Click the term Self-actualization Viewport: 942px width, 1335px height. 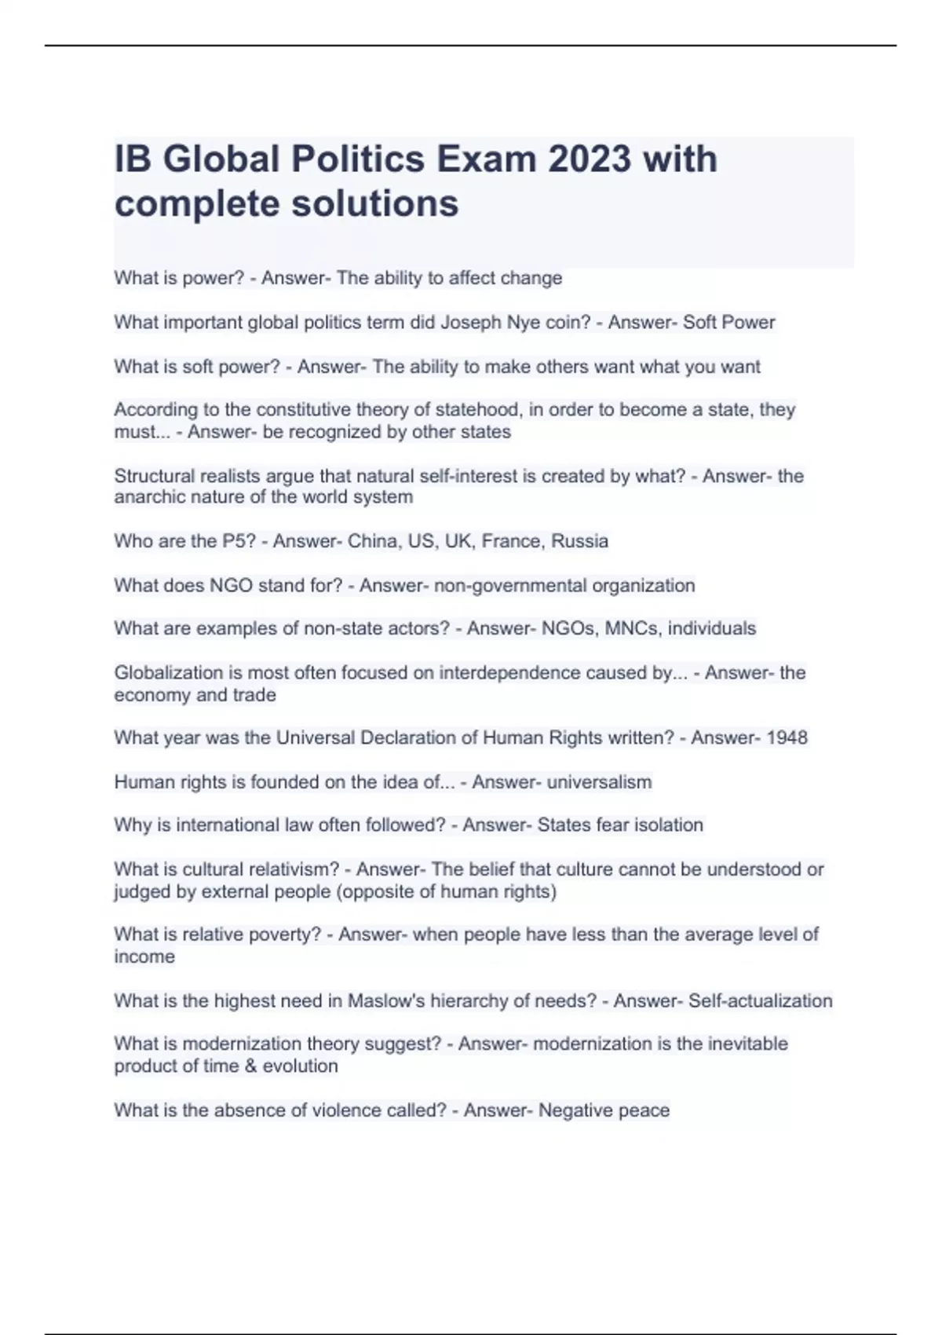(x=760, y=1001)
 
